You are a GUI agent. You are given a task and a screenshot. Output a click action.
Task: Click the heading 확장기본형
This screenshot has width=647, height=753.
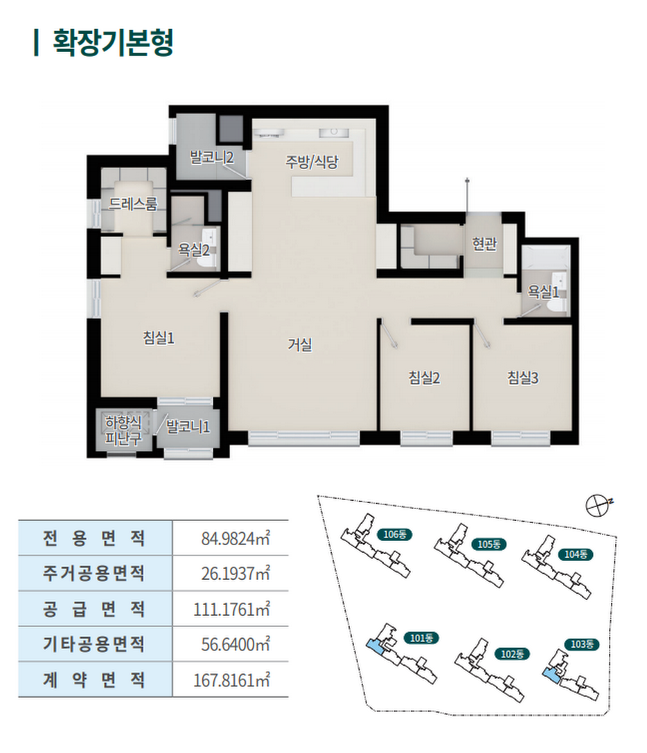[x=113, y=43]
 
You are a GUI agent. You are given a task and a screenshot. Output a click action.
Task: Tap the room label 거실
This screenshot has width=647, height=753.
[x=300, y=344]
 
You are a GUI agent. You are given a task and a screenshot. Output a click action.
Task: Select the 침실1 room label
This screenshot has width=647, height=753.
[x=159, y=338]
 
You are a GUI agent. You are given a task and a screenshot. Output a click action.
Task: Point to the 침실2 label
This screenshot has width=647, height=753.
[x=424, y=378]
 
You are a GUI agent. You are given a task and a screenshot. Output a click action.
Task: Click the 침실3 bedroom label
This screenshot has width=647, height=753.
[x=523, y=378]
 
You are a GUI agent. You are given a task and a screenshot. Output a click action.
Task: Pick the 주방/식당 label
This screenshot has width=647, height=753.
[x=312, y=161]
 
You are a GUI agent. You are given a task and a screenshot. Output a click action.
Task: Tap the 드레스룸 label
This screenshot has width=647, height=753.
[x=133, y=204]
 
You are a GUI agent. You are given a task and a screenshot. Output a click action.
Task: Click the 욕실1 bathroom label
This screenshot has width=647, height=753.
[x=544, y=292]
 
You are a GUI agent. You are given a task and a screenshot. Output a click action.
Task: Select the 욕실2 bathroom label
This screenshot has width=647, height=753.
[x=193, y=249]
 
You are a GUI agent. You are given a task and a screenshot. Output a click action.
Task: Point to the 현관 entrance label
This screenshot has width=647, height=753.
[x=484, y=244]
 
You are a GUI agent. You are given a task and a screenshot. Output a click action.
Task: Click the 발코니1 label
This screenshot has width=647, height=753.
[x=188, y=427]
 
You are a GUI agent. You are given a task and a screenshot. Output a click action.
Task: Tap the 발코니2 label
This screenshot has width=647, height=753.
[x=211, y=157]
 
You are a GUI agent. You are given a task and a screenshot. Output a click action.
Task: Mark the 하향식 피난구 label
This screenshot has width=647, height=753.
[x=123, y=431]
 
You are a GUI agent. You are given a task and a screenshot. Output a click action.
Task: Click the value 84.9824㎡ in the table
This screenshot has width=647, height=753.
[x=236, y=538]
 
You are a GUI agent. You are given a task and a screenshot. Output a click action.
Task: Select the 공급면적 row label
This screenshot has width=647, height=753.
[x=94, y=609]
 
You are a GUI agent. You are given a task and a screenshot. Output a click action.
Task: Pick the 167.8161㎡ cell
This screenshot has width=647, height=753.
[x=231, y=680]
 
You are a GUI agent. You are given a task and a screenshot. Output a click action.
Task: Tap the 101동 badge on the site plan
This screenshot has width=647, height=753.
[x=420, y=638]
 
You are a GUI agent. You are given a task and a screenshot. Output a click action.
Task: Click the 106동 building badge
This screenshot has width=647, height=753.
[x=395, y=534]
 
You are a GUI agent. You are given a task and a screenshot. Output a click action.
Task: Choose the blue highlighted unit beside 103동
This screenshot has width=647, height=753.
[x=551, y=675]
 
